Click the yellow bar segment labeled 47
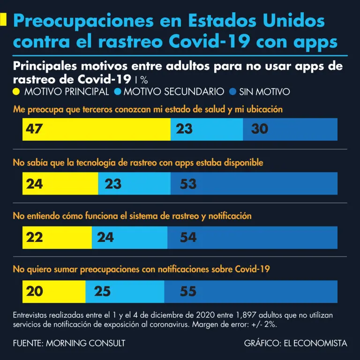[x=96, y=129]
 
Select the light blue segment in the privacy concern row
[x=207, y=129]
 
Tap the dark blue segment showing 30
[x=290, y=129]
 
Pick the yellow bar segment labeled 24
[x=60, y=184]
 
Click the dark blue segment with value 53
[x=254, y=184]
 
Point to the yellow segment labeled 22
[x=57, y=237]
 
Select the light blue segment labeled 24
[x=129, y=237]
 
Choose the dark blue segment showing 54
[x=252, y=237]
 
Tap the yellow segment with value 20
[x=54, y=291]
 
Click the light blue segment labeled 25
[x=125, y=291]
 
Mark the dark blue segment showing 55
[x=251, y=291]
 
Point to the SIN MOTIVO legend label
[x=264, y=92]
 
